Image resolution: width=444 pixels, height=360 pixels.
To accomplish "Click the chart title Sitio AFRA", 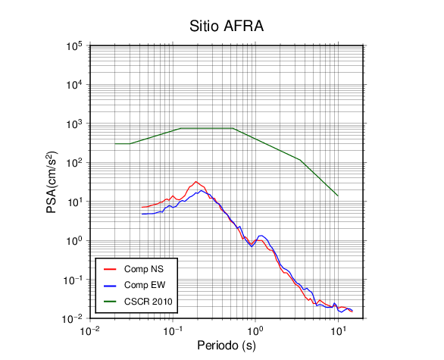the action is coord(227,26).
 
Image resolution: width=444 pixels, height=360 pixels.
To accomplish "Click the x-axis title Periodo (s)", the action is coord(227,346).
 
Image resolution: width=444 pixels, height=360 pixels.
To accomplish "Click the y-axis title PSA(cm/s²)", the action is coord(52,183).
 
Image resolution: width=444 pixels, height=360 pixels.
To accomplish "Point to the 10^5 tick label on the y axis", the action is coord(74,46).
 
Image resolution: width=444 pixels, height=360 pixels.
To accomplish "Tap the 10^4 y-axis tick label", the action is coord(74,85).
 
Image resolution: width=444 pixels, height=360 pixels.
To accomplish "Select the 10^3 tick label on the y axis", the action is coord(74,124).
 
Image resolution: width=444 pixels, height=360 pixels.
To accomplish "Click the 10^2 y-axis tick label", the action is coord(74,163).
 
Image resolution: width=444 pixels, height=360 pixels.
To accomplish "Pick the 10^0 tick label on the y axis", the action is coord(74,241).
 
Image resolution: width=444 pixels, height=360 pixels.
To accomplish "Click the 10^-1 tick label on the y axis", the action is coord(73,280).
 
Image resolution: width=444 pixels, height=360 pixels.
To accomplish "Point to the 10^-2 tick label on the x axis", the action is coord(89,330).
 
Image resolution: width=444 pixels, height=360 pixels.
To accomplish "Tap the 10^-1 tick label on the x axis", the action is coord(173,330).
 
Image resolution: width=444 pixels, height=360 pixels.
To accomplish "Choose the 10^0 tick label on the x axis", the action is coord(255,330).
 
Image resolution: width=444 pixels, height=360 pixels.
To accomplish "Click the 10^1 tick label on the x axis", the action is coord(338,330).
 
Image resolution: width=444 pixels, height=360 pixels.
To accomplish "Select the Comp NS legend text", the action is coord(144,269).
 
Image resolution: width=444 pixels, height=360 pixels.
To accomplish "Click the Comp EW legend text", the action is coord(145,285).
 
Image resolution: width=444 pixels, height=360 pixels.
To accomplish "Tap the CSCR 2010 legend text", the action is coord(149,302).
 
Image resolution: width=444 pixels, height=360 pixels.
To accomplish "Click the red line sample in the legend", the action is coord(110,269).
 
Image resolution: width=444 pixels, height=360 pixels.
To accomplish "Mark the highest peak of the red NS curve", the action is coord(196,182).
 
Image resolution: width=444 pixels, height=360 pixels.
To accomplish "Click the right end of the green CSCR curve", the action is coord(338,196).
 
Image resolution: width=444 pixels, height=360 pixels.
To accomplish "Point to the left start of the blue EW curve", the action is coord(142,214).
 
